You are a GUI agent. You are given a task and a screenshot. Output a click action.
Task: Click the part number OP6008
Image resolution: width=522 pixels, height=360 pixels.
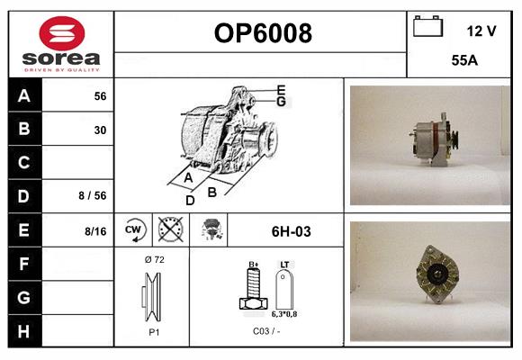[x=262, y=34]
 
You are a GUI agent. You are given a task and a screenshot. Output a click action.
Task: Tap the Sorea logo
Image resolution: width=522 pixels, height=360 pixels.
[x=60, y=44]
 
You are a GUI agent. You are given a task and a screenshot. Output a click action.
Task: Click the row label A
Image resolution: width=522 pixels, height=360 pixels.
[x=23, y=95]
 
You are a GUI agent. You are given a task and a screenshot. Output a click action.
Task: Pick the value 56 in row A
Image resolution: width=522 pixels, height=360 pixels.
[x=100, y=95]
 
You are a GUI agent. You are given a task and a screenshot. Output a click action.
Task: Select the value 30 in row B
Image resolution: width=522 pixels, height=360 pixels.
[x=100, y=130]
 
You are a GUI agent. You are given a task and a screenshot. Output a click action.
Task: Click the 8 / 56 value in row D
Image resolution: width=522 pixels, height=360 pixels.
[x=94, y=194]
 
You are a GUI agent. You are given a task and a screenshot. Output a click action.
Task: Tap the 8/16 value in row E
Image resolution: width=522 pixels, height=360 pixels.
[x=94, y=231]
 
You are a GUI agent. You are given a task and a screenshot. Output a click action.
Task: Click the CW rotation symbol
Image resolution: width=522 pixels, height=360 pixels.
[x=133, y=231]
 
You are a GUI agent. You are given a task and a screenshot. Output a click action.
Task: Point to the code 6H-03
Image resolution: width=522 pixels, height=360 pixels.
[x=291, y=231]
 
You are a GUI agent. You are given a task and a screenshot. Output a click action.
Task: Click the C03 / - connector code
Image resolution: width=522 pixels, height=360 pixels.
[x=265, y=330]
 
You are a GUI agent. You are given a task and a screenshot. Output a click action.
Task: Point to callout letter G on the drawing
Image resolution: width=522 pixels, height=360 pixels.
[x=282, y=102]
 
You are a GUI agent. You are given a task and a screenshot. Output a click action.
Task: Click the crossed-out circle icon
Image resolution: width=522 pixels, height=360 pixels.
[x=170, y=231]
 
